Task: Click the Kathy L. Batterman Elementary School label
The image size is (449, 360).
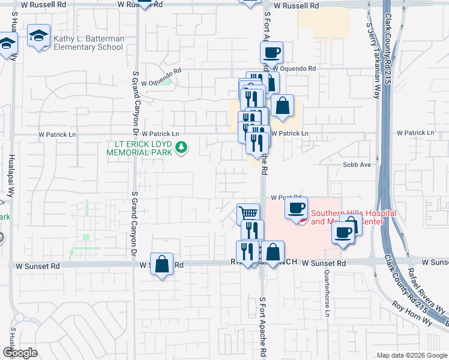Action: tap(89, 43)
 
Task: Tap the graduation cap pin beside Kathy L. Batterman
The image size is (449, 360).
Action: tap(39, 36)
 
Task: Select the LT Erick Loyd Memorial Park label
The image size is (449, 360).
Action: tap(140, 148)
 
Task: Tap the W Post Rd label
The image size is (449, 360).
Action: tap(285, 197)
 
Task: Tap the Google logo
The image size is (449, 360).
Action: tap(19, 353)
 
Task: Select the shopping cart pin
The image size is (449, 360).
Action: tap(249, 212)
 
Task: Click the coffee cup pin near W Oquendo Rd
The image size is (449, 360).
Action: tap(272, 52)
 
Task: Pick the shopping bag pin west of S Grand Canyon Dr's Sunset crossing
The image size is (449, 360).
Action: tap(162, 263)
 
